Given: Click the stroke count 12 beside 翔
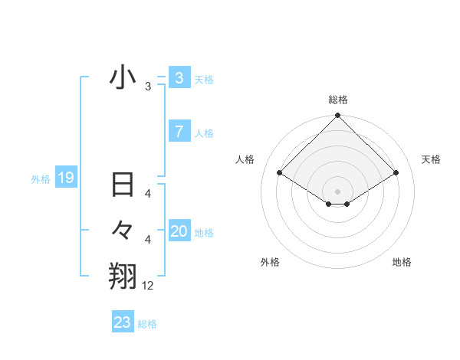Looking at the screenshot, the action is tap(148, 286).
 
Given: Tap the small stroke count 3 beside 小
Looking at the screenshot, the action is tap(148, 87).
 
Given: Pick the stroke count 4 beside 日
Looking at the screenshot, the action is tap(148, 195).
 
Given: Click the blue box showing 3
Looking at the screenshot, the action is tap(179, 78).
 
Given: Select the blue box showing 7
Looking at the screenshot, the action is tap(179, 132).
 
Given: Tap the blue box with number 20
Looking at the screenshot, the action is tap(179, 231).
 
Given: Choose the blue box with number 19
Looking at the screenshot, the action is tap(65, 178).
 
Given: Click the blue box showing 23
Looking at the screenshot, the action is tap(122, 322).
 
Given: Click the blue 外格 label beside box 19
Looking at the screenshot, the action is tap(41, 179).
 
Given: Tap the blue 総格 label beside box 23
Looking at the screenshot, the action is tap(147, 323).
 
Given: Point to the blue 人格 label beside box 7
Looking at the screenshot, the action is tap(204, 133).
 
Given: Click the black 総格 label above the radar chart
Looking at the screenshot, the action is tap(338, 100).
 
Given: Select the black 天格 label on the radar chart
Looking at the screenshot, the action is tap(431, 159).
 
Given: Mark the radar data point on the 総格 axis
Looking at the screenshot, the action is tap(337, 116).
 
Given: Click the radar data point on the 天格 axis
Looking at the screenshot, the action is tap(396, 173).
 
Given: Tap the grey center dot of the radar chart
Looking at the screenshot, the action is tap(337, 191).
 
